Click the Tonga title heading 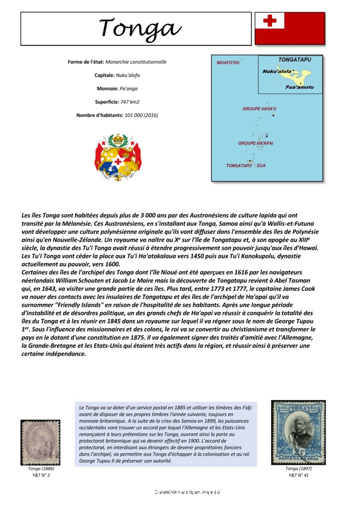(x=140, y=28)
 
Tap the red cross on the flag (x=269, y=20)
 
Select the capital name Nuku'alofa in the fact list (x=128, y=75)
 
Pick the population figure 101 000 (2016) (x=141, y=115)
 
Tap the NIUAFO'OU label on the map (x=228, y=63)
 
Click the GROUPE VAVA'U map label (x=259, y=109)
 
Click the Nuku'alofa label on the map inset (x=277, y=71)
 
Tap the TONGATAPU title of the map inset (x=295, y=60)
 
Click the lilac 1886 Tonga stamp (x=40, y=442)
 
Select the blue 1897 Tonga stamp (x=298, y=432)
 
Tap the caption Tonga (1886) (x=41, y=469)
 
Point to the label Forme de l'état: (x=86, y=62)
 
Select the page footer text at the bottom (x=187, y=492)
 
